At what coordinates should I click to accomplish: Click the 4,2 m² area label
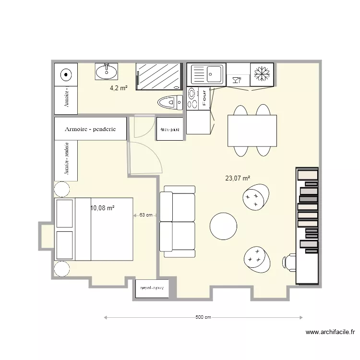point(119,88)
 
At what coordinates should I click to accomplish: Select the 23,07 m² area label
point(238,178)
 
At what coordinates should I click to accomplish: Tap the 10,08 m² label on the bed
point(102,208)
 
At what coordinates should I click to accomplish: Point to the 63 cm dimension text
point(146,215)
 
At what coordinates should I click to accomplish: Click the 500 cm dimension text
point(203,317)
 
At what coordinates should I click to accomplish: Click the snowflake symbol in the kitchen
point(262,74)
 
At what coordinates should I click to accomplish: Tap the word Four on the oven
point(204,98)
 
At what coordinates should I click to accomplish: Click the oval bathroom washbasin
point(106,72)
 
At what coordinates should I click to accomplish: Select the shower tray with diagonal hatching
point(159,76)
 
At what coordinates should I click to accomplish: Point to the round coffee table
point(223,226)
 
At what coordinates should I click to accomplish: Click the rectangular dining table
point(252,131)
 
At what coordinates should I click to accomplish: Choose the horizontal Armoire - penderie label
point(91,129)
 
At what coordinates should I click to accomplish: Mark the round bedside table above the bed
point(61,189)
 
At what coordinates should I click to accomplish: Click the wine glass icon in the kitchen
point(236,80)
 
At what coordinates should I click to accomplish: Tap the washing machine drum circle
point(66,74)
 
